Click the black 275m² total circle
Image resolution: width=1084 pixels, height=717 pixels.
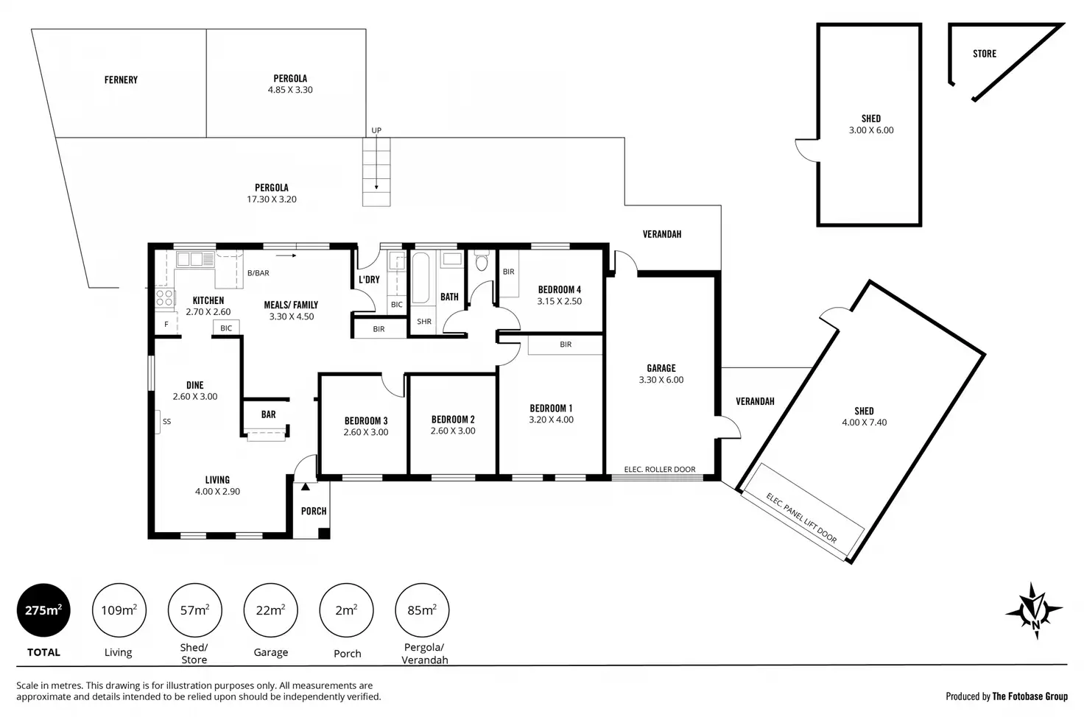click(x=43, y=610)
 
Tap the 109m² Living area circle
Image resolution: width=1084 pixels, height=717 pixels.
click(x=119, y=610)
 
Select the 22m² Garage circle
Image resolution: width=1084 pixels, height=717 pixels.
click(x=270, y=610)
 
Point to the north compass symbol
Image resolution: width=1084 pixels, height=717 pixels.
click(x=1035, y=611)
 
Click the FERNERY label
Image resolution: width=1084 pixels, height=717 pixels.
click(x=121, y=80)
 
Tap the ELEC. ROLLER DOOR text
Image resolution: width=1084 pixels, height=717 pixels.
click(x=659, y=470)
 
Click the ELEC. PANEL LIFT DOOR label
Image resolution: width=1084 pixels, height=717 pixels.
click(x=801, y=518)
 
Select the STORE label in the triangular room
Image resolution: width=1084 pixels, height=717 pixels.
click(x=984, y=54)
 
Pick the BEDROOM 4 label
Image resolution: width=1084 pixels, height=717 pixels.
click(x=559, y=289)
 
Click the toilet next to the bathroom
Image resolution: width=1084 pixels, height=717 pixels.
click(x=482, y=261)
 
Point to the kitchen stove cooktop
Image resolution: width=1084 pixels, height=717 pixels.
click(x=164, y=298)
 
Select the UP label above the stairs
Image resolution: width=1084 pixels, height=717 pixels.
click(x=376, y=130)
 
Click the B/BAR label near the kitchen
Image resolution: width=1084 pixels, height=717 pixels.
click(x=258, y=273)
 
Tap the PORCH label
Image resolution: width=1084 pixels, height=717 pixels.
click(x=314, y=511)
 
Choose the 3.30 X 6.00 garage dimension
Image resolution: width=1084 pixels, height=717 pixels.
click(x=661, y=380)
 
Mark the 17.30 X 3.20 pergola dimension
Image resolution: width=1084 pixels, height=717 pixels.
click(x=272, y=199)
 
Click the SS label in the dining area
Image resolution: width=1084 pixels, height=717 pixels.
click(x=167, y=422)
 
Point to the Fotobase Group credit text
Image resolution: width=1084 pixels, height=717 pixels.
click(x=1006, y=696)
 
